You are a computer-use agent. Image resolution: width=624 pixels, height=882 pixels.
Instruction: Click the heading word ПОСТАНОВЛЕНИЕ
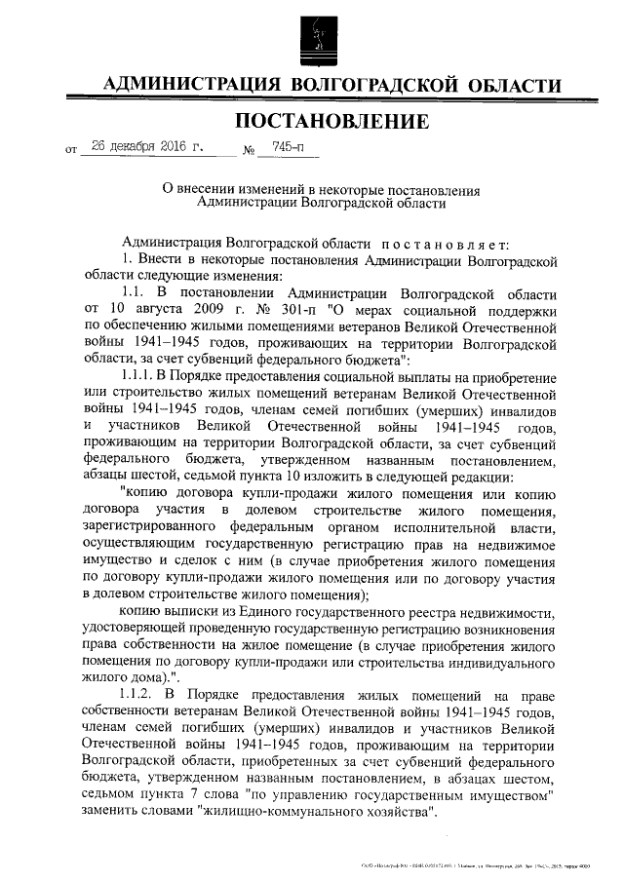pos(332,123)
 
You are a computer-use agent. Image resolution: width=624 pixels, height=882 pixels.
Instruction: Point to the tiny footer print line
pos(478,864)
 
